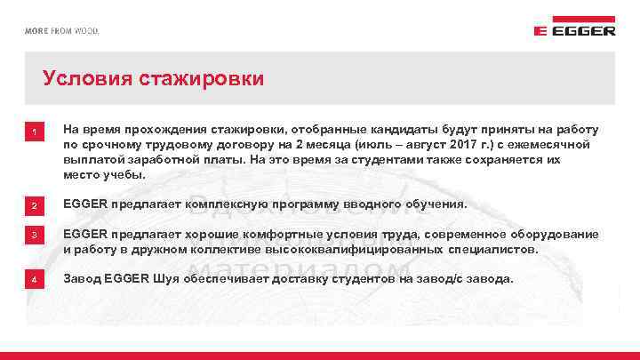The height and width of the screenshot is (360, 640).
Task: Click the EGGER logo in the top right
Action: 574,29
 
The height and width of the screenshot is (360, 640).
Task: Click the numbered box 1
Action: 34,134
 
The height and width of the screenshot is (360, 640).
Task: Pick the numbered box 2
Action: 34,207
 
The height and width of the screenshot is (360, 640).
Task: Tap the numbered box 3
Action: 34,236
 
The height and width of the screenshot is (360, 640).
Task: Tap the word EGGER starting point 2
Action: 84,204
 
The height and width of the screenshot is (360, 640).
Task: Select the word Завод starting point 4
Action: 82,279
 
